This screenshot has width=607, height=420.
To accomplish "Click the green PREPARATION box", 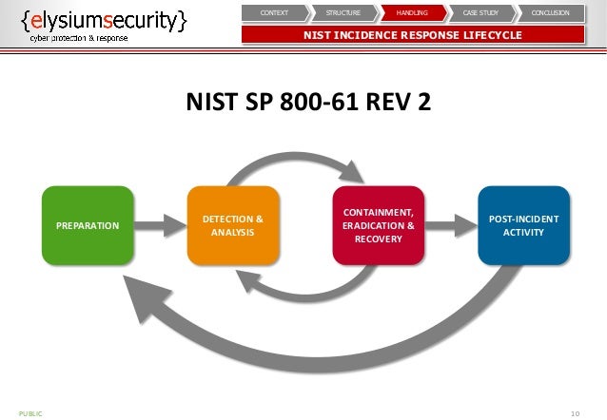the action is (x=88, y=225).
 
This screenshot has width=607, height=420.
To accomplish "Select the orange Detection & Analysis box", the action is (x=233, y=225).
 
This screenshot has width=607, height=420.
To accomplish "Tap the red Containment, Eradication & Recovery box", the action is (x=378, y=225).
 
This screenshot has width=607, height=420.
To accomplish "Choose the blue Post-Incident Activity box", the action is (x=523, y=225).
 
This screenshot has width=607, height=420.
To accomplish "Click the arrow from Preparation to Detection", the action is (x=161, y=225).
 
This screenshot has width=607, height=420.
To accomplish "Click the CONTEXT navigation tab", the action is (x=274, y=13).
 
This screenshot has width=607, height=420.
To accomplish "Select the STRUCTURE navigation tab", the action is (x=343, y=13).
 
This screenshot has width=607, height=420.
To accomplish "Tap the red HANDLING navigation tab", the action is (x=411, y=13).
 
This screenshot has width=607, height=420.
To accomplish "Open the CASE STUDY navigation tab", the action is (x=480, y=13).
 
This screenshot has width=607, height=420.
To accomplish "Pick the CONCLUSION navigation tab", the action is (x=549, y=13).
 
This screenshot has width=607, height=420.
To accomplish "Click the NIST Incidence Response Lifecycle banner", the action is (x=412, y=36).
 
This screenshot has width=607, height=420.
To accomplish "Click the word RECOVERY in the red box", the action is (x=378, y=239).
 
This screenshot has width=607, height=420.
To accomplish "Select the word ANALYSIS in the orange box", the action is (x=233, y=232).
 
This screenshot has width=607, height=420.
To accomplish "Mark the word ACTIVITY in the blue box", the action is (x=523, y=232).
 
